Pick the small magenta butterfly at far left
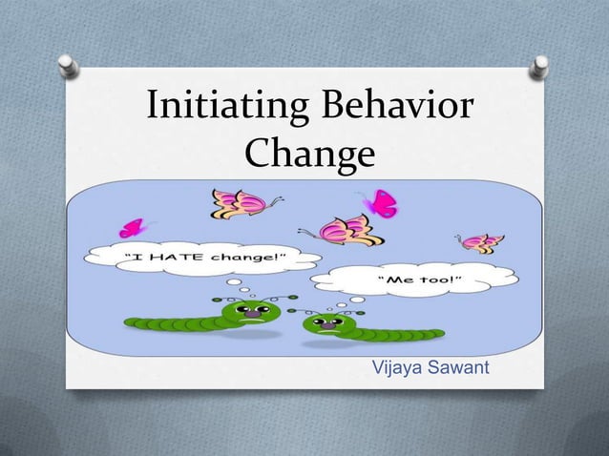click(x=133, y=228)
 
